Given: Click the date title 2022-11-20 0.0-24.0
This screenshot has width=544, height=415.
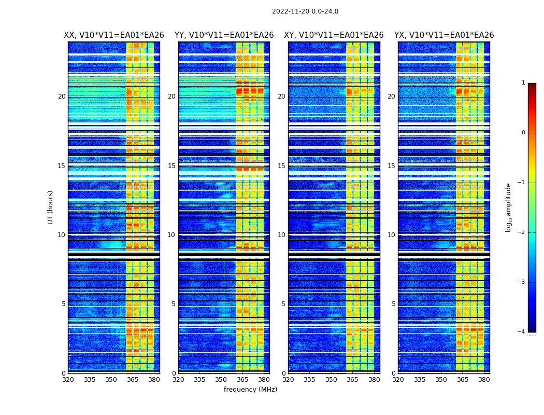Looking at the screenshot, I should (305, 11).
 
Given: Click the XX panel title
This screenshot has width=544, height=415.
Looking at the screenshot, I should (114, 35).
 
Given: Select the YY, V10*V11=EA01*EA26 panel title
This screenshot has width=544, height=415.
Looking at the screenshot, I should (224, 35).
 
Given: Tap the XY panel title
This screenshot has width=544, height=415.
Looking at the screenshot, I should (334, 35).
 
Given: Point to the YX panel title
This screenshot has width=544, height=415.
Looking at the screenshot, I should (444, 35).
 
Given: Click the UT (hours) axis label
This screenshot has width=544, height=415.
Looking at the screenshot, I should (51, 207).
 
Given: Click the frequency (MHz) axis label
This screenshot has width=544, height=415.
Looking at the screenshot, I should (250, 390).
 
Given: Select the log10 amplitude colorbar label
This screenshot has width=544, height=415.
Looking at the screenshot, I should (509, 207).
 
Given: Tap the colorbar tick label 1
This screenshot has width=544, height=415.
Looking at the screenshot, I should (523, 83).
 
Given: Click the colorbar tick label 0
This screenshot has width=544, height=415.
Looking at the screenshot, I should (523, 133).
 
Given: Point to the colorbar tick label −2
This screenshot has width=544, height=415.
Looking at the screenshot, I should (522, 232).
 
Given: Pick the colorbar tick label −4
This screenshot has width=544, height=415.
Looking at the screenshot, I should (522, 332).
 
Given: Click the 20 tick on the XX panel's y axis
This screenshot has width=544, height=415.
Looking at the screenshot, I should (62, 96).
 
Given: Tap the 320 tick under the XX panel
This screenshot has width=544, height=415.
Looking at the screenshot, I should (68, 379).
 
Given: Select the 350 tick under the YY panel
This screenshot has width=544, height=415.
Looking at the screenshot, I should (221, 379).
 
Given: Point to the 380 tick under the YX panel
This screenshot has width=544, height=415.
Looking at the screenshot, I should (484, 379).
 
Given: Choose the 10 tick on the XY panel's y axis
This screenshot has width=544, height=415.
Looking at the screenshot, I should (281, 235).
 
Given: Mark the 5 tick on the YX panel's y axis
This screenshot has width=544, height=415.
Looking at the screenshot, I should (393, 304).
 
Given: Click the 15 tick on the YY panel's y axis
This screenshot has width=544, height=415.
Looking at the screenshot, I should (171, 166).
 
